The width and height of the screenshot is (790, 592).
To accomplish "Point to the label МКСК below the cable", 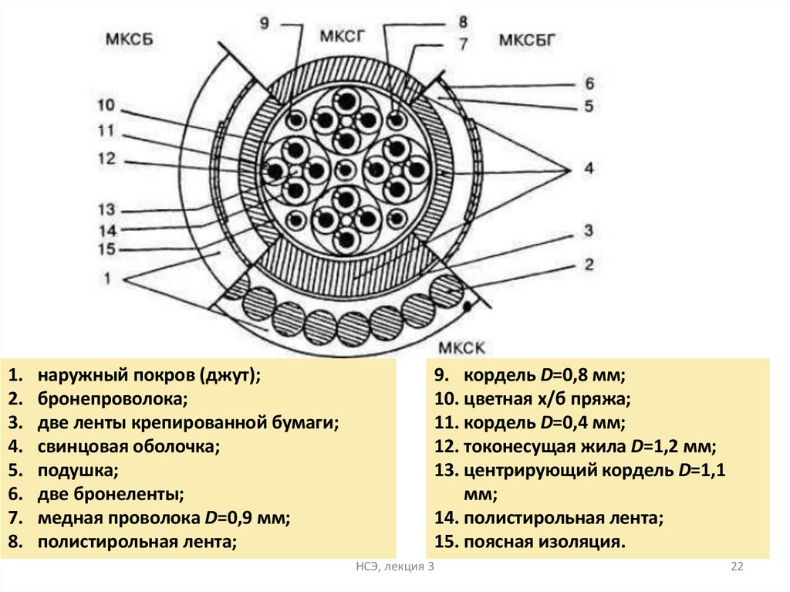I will click(462, 348).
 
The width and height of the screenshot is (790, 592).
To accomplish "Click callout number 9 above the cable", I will click(265, 23).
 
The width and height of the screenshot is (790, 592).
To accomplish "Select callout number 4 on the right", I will click(589, 167).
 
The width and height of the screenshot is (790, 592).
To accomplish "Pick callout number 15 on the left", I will click(106, 249).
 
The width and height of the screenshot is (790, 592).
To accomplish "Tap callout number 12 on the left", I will click(106, 159).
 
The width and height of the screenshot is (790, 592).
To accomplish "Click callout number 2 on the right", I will click(589, 265).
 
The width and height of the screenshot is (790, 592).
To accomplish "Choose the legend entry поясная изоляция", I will click(544, 542).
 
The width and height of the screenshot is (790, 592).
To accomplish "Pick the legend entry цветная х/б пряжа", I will click(547, 399).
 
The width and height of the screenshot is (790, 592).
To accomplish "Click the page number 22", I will click(736, 567).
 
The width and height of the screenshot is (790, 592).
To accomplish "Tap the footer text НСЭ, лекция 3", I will click(395, 567).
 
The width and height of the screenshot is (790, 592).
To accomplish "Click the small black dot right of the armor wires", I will click(468, 307).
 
